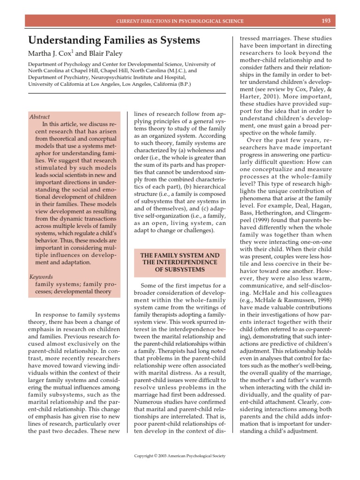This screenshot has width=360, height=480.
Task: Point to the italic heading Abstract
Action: coord(39,117)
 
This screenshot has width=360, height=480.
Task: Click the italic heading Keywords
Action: coord(41,277)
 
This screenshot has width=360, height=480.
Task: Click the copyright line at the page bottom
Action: coord(180,455)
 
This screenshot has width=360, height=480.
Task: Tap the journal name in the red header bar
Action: coord(180,21)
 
